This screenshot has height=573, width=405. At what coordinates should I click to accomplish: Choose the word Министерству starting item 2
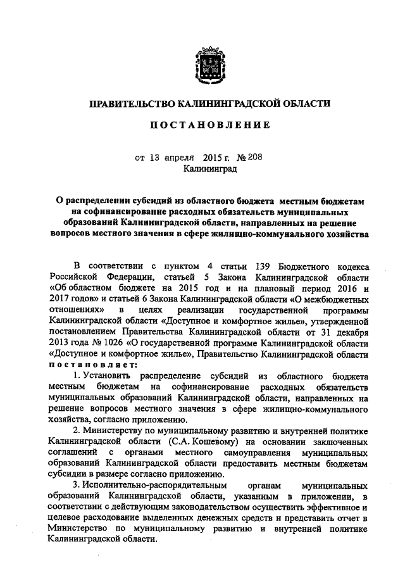click(121, 431)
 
